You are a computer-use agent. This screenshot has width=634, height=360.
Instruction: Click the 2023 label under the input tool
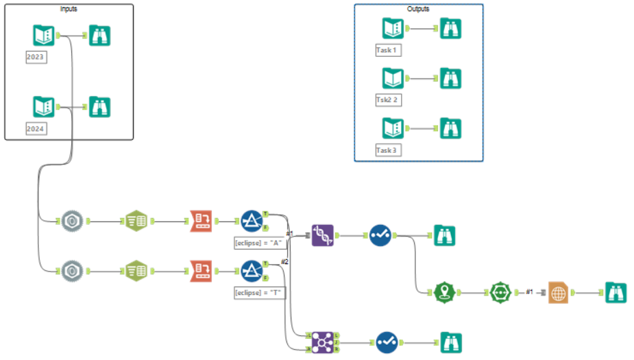click(36, 57)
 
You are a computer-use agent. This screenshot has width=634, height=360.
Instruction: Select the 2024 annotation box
click(36, 128)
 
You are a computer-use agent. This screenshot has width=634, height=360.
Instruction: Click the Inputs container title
click(69, 9)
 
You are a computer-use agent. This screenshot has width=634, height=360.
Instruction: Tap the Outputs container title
click(419, 9)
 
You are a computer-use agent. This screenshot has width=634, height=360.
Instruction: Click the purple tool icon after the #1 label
click(322, 235)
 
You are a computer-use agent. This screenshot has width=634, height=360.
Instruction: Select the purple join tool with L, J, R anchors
click(322, 341)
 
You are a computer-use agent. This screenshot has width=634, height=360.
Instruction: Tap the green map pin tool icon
click(445, 293)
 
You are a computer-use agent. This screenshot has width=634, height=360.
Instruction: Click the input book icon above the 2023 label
click(44, 35)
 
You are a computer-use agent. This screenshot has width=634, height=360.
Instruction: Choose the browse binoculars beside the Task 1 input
click(450, 28)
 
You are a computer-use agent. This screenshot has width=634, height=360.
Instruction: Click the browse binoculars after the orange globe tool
click(615, 293)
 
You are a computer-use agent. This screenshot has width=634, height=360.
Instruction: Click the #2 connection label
click(284, 261)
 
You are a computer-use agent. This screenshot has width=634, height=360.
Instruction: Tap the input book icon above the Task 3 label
click(393, 128)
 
